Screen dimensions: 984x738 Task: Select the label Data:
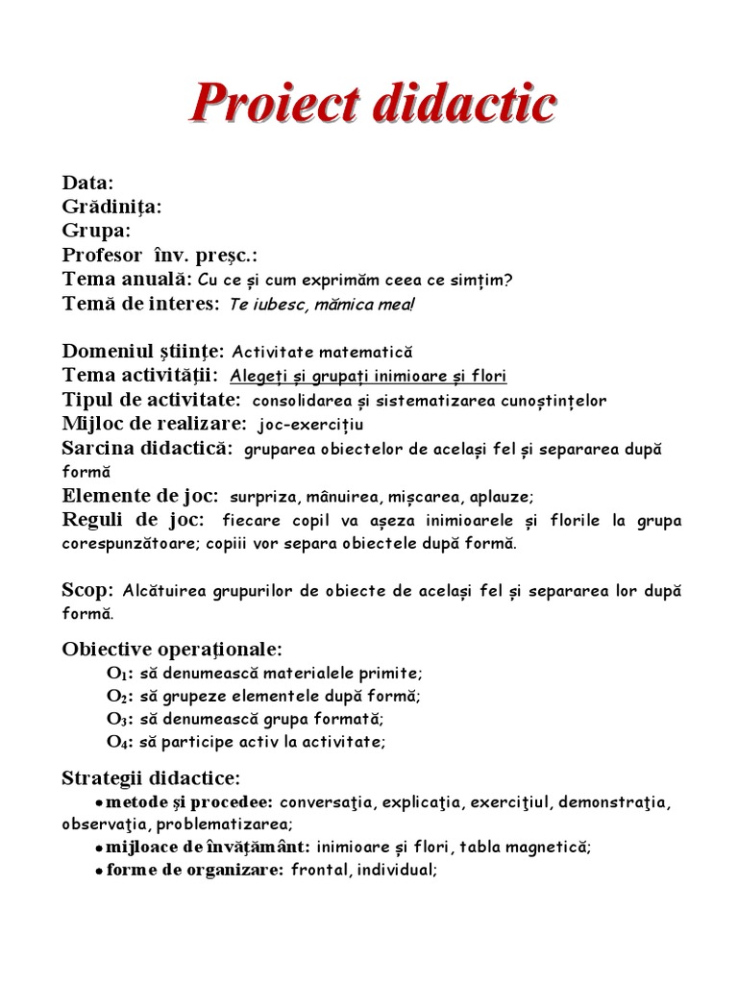88,183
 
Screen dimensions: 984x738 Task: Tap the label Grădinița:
111,207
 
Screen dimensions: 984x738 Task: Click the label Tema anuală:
126,280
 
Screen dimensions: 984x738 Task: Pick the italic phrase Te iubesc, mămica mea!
323,306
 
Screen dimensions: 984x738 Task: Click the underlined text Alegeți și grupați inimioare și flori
368,377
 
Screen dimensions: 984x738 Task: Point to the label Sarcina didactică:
148,449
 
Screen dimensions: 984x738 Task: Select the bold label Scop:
88,589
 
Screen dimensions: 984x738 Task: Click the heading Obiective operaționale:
173,649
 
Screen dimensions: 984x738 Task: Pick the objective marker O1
118,674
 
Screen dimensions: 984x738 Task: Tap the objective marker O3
118,719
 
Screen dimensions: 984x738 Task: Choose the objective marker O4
118,742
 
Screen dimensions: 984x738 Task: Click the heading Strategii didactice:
152,776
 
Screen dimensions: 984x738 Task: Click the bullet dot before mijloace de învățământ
99,849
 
